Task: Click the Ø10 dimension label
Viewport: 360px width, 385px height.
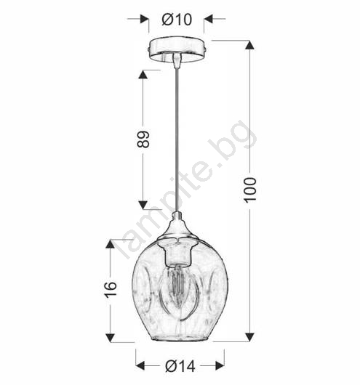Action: coord(177,20)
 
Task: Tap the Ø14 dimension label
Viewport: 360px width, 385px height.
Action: coord(180,366)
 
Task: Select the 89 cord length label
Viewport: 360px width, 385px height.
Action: coord(143,139)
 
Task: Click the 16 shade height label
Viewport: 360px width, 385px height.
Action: coord(111,290)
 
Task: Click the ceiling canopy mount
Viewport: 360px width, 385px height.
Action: coord(177,50)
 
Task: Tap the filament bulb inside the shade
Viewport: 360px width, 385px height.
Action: coord(179,293)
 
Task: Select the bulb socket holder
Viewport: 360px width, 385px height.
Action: coord(177,254)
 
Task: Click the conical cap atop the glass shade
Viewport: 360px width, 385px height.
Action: coord(177,227)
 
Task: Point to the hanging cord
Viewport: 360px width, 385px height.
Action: coord(177,140)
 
